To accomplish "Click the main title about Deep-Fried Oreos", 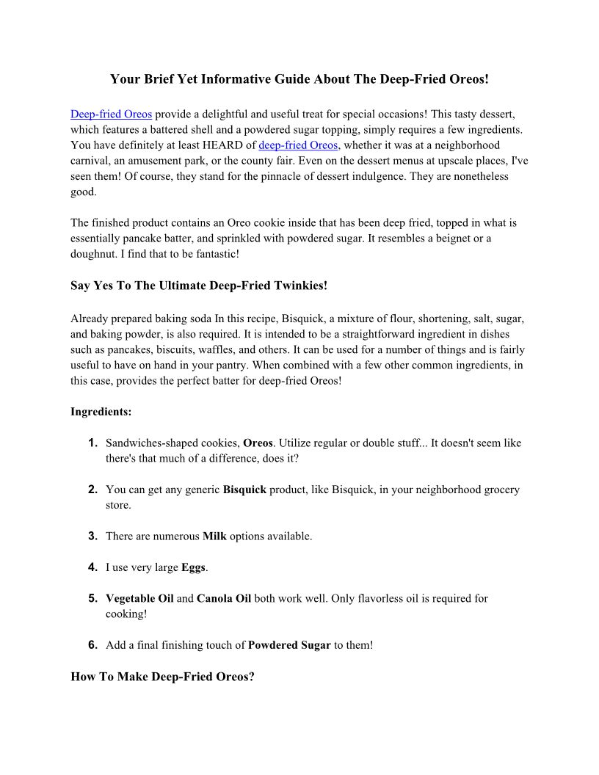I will pyautogui.click(x=299, y=78).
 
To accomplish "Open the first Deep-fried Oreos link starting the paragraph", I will pyautogui.click(x=111, y=114).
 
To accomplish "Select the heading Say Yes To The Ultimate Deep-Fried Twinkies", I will pyautogui.click(x=199, y=285).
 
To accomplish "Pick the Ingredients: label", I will pyautogui.click(x=101, y=412).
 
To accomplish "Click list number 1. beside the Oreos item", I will pyautogui.click(x=93, y=443).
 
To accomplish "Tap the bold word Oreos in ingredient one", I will pyautogui.click(x=258, y=443).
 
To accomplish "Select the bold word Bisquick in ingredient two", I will pyautogui.click(x=244, y=490).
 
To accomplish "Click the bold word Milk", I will pyautogui.click(x=214, y=536).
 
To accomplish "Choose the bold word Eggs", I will pyautogui.click(x=194, y=567).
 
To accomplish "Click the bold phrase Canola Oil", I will pyautogui.click(x=224, y=599).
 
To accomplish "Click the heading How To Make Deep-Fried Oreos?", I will pyautogui.click(x=162, y=677).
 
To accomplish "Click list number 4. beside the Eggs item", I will pyautogui.click(x=93, y=567).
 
